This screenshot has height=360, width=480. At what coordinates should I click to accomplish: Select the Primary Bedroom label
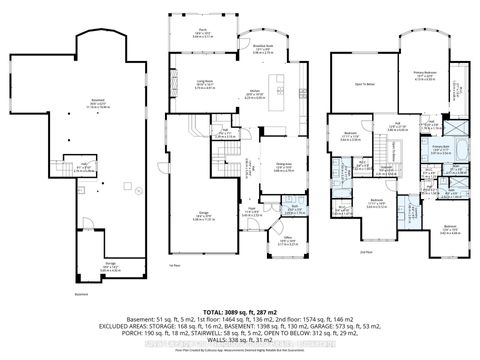click(x=427, y=75)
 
